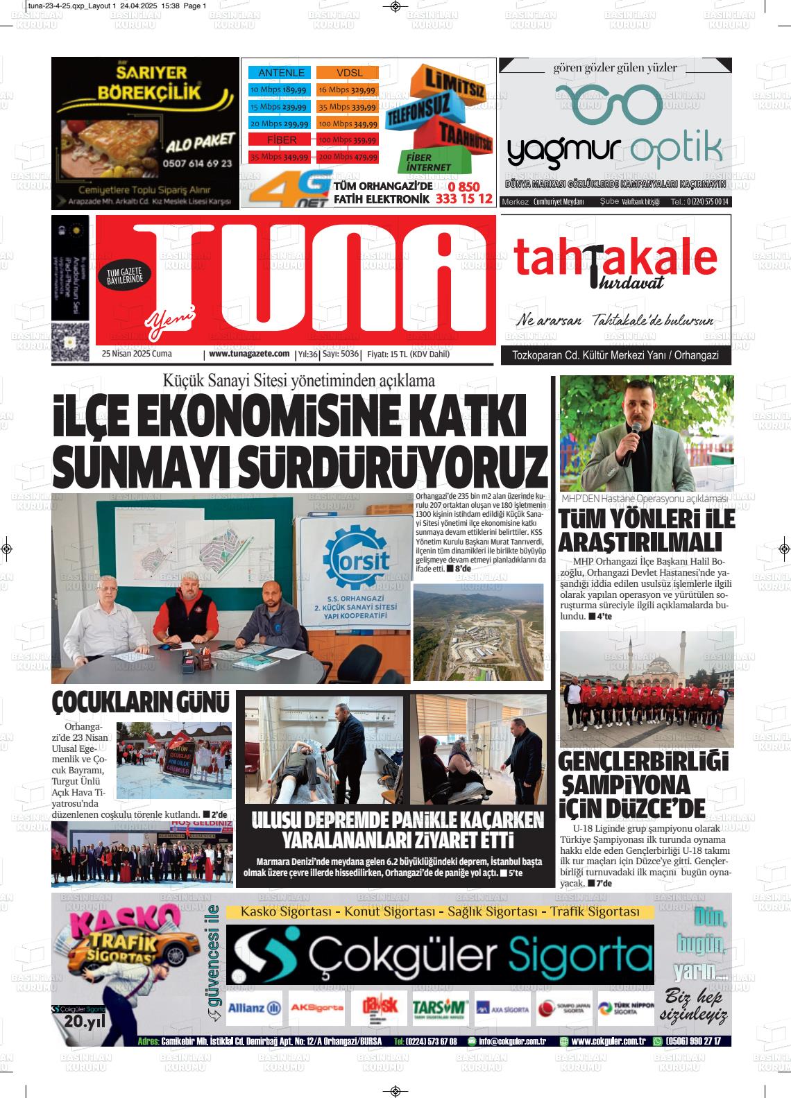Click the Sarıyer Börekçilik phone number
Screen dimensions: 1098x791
click(x=198, y=164)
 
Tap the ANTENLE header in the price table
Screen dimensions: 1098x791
click(x=281, y=73)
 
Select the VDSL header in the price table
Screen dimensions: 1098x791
click(x=349, y=73)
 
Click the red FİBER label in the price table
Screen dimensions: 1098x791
click(x=282, y=140)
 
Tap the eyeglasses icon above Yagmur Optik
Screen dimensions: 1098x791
click(x=610, y=104)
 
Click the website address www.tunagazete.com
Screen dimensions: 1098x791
click(x=248, y=354)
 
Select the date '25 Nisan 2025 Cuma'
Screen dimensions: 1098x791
click(x=137, y=354)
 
